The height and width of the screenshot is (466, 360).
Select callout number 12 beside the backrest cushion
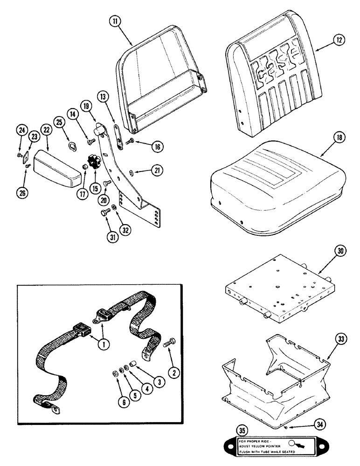coord(339,41)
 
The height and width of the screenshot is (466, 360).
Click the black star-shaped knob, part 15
coord(96,164)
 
